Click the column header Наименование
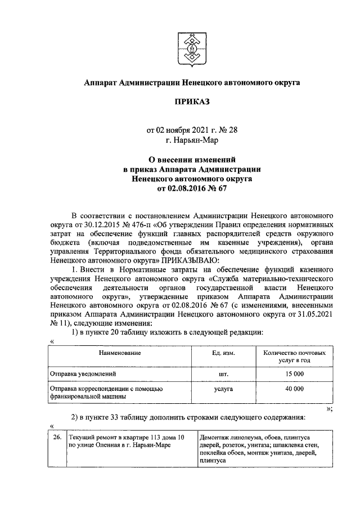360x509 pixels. [119, 353]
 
